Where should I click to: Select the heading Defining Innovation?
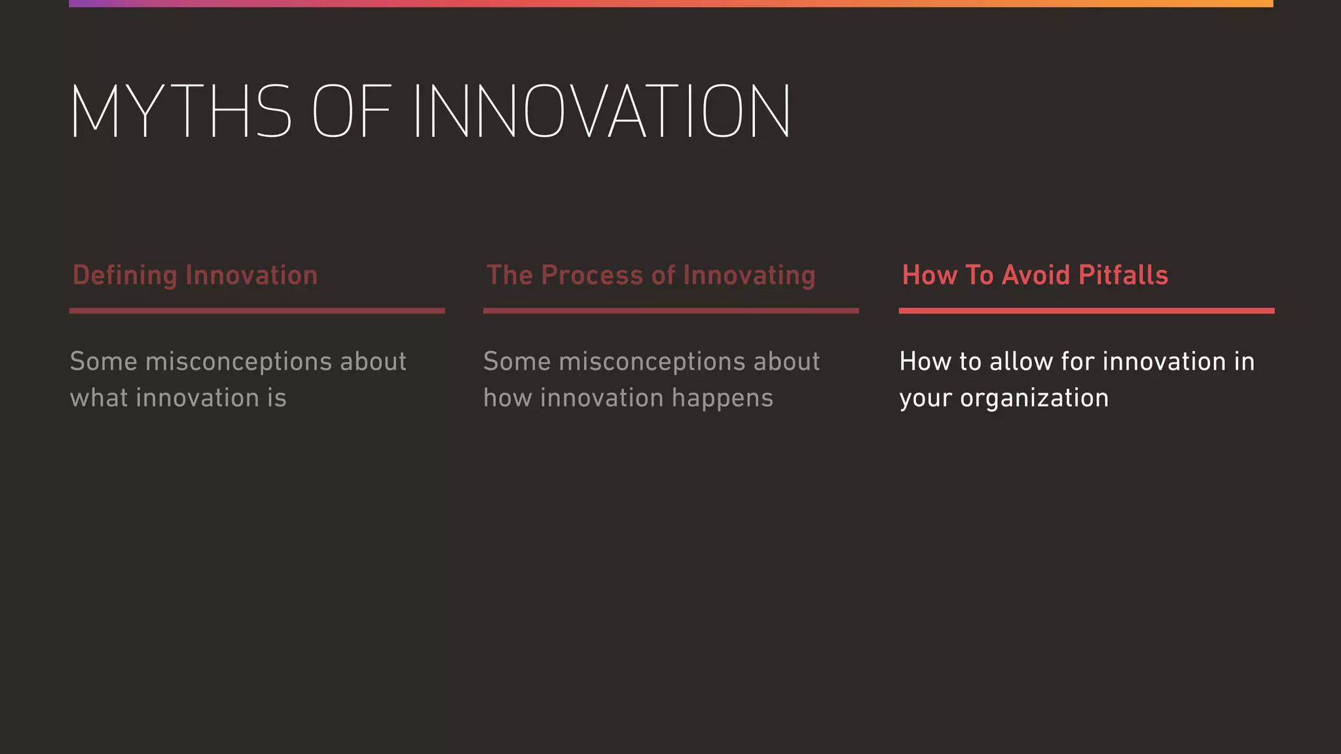point(194,276)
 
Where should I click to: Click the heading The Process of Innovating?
point(650,276)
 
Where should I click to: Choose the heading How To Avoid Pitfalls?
point(1035,276)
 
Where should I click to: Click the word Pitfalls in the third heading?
point(1123,276)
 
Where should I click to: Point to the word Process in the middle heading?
point(592,276)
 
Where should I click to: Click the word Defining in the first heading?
point(124,276)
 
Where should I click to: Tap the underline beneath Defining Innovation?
point(257,311)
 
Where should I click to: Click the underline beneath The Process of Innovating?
point(670,311)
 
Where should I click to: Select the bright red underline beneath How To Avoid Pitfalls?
point(1086,311)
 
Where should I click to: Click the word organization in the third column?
point(1034,399)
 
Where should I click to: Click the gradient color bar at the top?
point(670,3)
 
